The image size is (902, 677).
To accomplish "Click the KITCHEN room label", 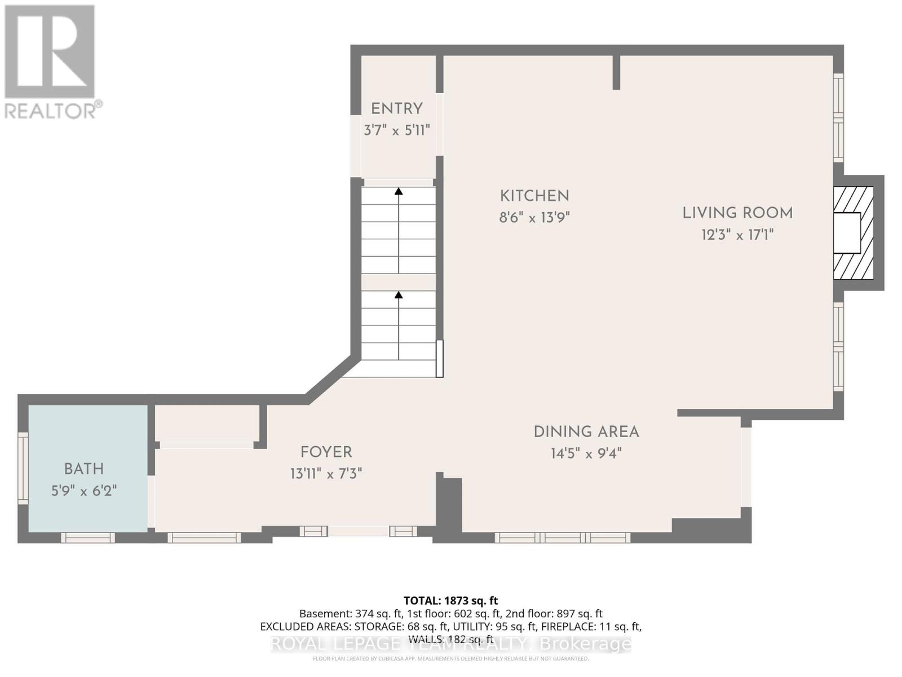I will click(x=534, y=196).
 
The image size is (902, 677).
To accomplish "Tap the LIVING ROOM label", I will click(x=737, y=213).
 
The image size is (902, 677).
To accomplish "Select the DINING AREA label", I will click(x=586, y=432).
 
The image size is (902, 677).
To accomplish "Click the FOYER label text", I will click(x=326, y=452).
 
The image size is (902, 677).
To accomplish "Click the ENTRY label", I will click(x=397, y=109).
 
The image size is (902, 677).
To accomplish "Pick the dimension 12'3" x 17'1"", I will click(x=737, y=235).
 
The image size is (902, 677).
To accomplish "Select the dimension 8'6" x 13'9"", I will click(x=534, y=218).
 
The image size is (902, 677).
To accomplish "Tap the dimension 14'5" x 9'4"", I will click(x=586, y=454).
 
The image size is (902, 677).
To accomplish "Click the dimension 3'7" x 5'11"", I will click(x=397, y=131).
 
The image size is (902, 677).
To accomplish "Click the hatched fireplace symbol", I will click(x=853, y=233).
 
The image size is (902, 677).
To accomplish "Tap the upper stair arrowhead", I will click(x=399, y=191).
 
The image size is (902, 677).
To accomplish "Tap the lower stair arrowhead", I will click(x=399, y=294).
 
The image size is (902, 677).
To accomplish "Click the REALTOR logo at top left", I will click(x=51, y=61).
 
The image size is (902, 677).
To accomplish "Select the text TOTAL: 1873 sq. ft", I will click(x=450, y=601).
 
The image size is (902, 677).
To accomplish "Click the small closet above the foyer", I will click(x=206, y=423).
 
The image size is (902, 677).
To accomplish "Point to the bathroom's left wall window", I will click(x=23, y=468).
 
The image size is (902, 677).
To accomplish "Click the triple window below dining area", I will click(x=563, y=538).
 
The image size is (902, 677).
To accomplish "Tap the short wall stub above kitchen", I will click(x=616, y=72).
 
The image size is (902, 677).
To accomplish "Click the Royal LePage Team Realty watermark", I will click(x=450, y=644).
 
